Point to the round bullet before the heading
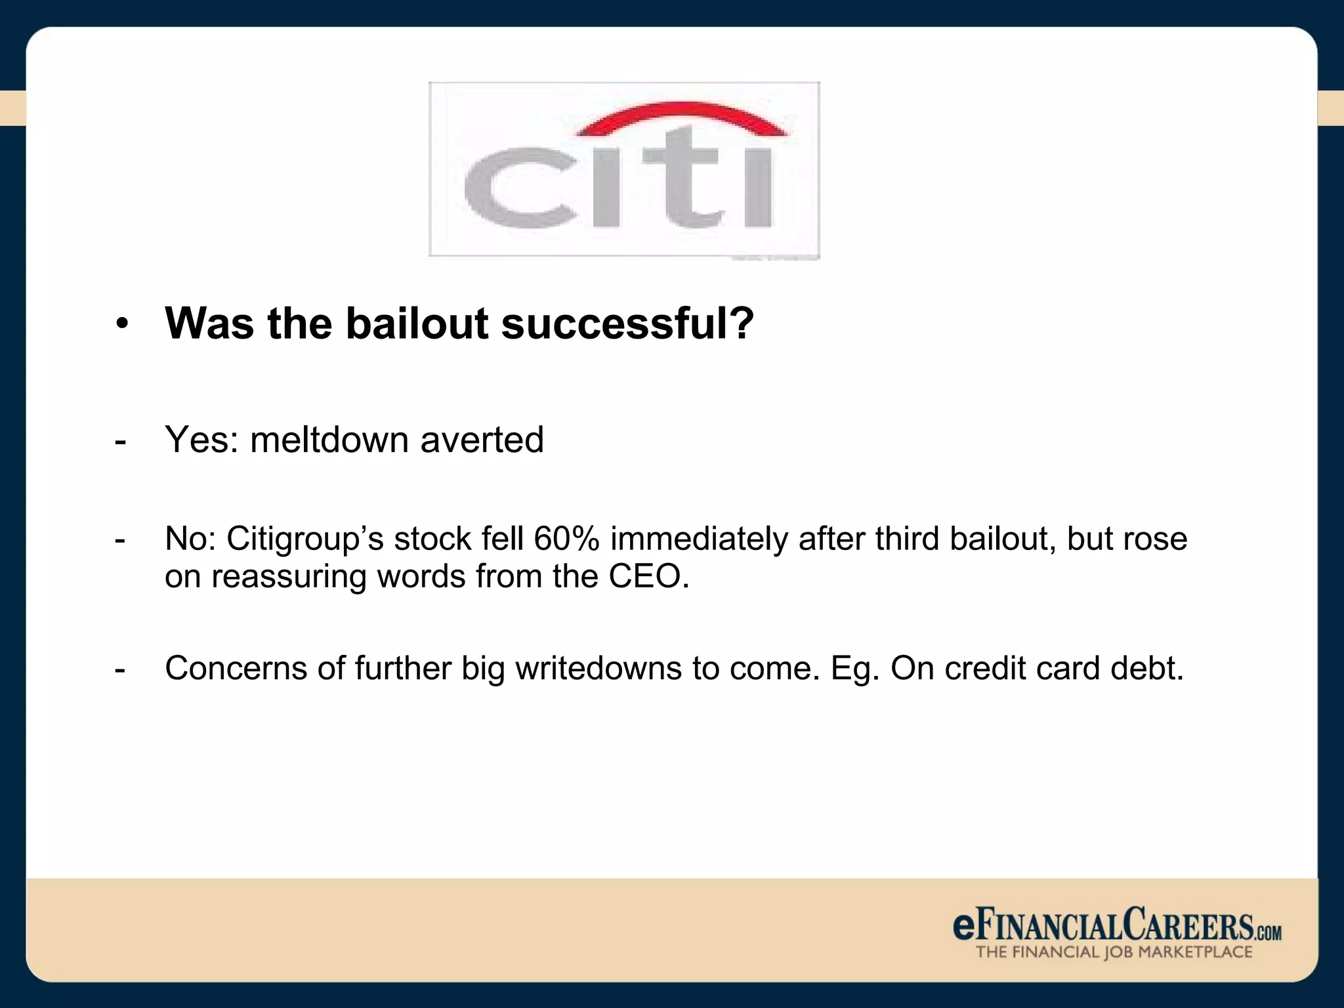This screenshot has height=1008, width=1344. click(x=122, y=325)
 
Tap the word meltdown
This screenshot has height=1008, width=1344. click(x=330, y=439)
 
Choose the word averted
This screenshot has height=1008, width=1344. click(x=482, y=439)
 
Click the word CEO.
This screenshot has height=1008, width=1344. click(x=648, y=576)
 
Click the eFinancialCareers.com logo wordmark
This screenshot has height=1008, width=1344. click(x=1116, y=926)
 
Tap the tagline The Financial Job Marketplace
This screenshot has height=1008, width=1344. click(x=1114, y=952)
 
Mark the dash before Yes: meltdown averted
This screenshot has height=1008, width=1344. click(x=120, y=441)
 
